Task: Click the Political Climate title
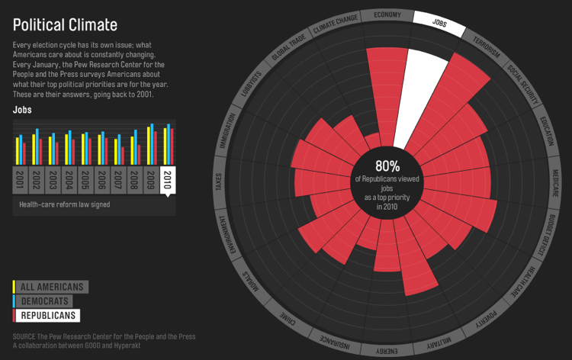(x=65, y=26)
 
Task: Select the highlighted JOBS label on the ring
(x=439, y=23)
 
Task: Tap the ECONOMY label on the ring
(x=387, y=15)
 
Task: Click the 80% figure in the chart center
(x=387, y=166)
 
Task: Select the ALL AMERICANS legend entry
(x=52, y=287)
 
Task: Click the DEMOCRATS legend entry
(x=47, y=301)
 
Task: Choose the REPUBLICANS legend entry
(x=48, y=315)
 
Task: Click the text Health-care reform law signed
(x=66, y=204)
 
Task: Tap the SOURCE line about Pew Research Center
(x=104, y=336)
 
